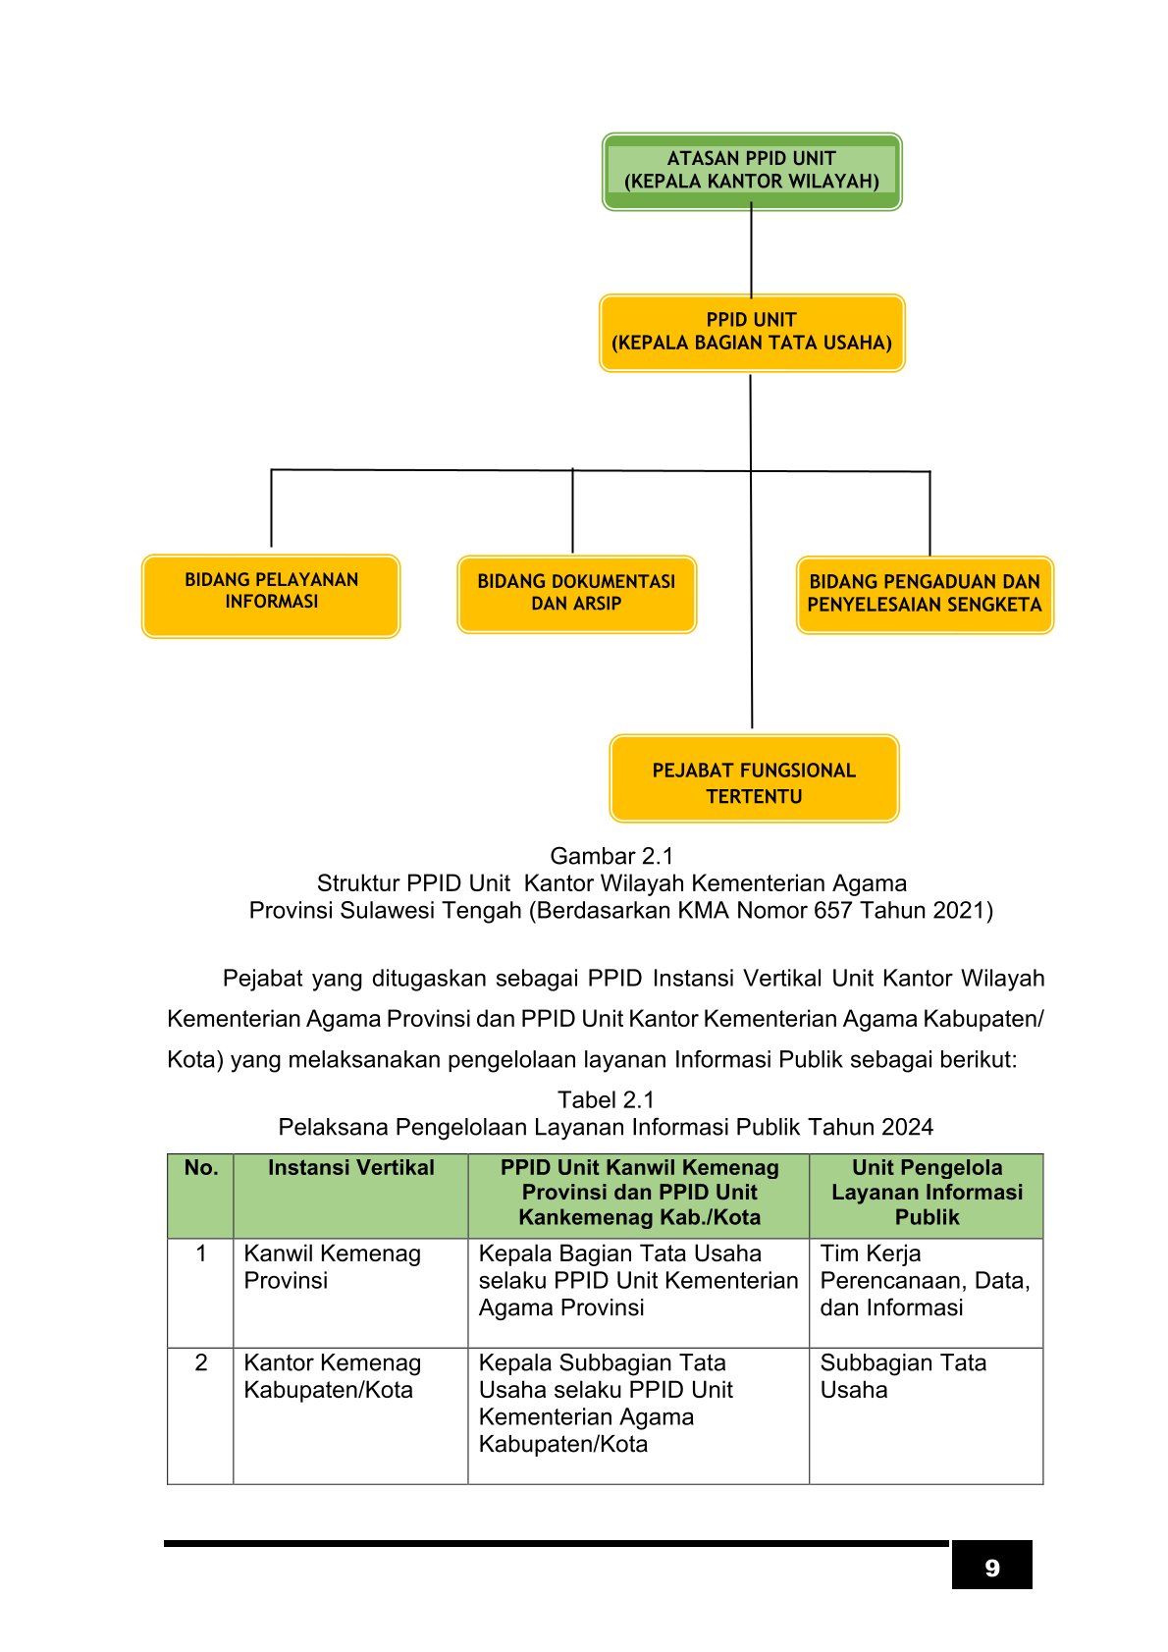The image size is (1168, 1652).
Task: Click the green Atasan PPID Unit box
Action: coord(752,171)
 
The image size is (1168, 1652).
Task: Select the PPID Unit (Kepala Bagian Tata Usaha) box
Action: coord(752,333)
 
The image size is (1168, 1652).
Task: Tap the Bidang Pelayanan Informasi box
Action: coord(271,596)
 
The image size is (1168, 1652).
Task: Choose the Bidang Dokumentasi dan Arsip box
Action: coord(576,595)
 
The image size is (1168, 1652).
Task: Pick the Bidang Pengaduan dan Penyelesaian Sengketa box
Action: coord(925,595)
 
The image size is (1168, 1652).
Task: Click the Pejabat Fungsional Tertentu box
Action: coord(754,778)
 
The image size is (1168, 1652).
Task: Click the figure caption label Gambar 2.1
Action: coord(611,856)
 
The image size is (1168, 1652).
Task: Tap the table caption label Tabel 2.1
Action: coord(606,1098)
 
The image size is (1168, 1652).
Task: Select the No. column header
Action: coord(200,1167)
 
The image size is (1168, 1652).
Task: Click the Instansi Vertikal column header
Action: coord(351,1167)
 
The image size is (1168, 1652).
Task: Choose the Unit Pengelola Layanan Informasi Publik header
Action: coord(927,1192)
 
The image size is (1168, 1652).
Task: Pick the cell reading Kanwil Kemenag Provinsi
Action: coord(332,1266)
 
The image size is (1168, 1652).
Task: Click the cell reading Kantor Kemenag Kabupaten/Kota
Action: coord(332,1375)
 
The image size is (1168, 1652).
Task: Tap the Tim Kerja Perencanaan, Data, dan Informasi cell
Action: coord(925,1280)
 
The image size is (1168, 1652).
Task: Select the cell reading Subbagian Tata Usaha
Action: coord(903,1375)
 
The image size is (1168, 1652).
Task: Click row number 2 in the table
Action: coord(200,1362)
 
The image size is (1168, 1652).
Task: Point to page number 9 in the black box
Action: coord(991,1568)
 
